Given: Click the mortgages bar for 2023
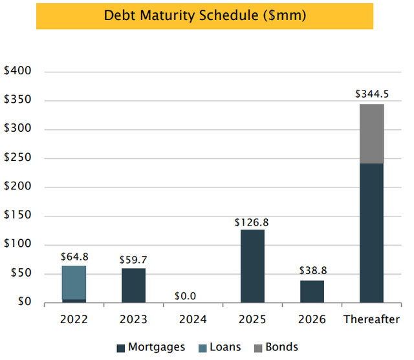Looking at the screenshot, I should point(133,285).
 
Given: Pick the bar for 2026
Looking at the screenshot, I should point(312,291).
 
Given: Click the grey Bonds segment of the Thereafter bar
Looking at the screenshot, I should point(372,134).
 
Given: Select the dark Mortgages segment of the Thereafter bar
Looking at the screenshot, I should point(372,233).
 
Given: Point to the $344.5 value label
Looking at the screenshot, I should point(371,94).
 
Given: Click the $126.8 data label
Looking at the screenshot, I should point(252,222).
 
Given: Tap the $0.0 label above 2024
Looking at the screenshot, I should point(193,295).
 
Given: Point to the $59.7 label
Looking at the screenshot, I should point(133,260).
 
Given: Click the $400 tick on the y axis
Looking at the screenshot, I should point(17,72).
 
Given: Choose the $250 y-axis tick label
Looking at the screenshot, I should point(17,158).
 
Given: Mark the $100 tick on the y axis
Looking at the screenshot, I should point(17,245).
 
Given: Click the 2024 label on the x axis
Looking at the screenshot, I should point(193,319).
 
